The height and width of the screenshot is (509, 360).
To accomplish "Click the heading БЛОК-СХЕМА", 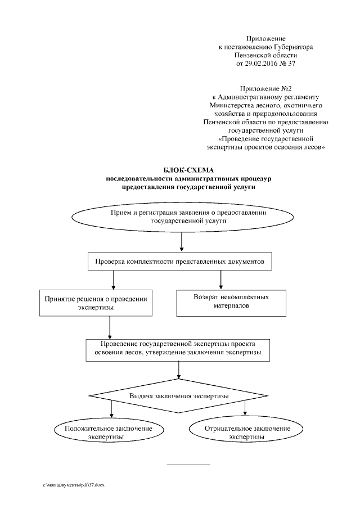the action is (x=188, y=170).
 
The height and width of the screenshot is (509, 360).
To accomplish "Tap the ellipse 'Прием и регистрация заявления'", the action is (x=182, y=217).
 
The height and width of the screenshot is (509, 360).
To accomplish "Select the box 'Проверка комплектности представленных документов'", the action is (x=179, y=262).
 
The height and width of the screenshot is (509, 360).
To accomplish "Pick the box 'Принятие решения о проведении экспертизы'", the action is (x=96, y=303).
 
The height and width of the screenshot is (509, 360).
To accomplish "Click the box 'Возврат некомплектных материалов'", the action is (x=231, y=303).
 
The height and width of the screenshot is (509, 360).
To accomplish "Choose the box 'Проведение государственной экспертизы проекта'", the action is (x=178, y=350).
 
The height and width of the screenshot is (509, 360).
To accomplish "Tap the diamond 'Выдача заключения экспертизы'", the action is (x=178, y=396).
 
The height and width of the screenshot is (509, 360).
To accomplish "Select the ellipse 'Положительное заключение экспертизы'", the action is (x=108, y=433).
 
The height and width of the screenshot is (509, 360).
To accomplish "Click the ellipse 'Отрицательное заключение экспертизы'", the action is (x=247, y=433).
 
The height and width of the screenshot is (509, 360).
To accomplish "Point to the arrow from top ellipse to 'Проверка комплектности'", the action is (x=182, y=241).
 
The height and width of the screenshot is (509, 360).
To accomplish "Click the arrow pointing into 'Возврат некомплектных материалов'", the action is (x=220, y=280).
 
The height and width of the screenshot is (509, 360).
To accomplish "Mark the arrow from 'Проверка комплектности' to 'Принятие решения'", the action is (x=113, y=280).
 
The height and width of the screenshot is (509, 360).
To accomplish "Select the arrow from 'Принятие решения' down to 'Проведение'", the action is (x=110, y=328).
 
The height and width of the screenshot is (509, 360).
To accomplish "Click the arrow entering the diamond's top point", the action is (x=178, y=370).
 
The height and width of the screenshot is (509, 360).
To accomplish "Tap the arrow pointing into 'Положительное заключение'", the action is (x=111, y=409).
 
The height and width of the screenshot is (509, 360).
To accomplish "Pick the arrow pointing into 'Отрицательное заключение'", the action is (x=245, y=408).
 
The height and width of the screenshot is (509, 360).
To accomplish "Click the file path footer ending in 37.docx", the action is (x=74, y=485).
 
